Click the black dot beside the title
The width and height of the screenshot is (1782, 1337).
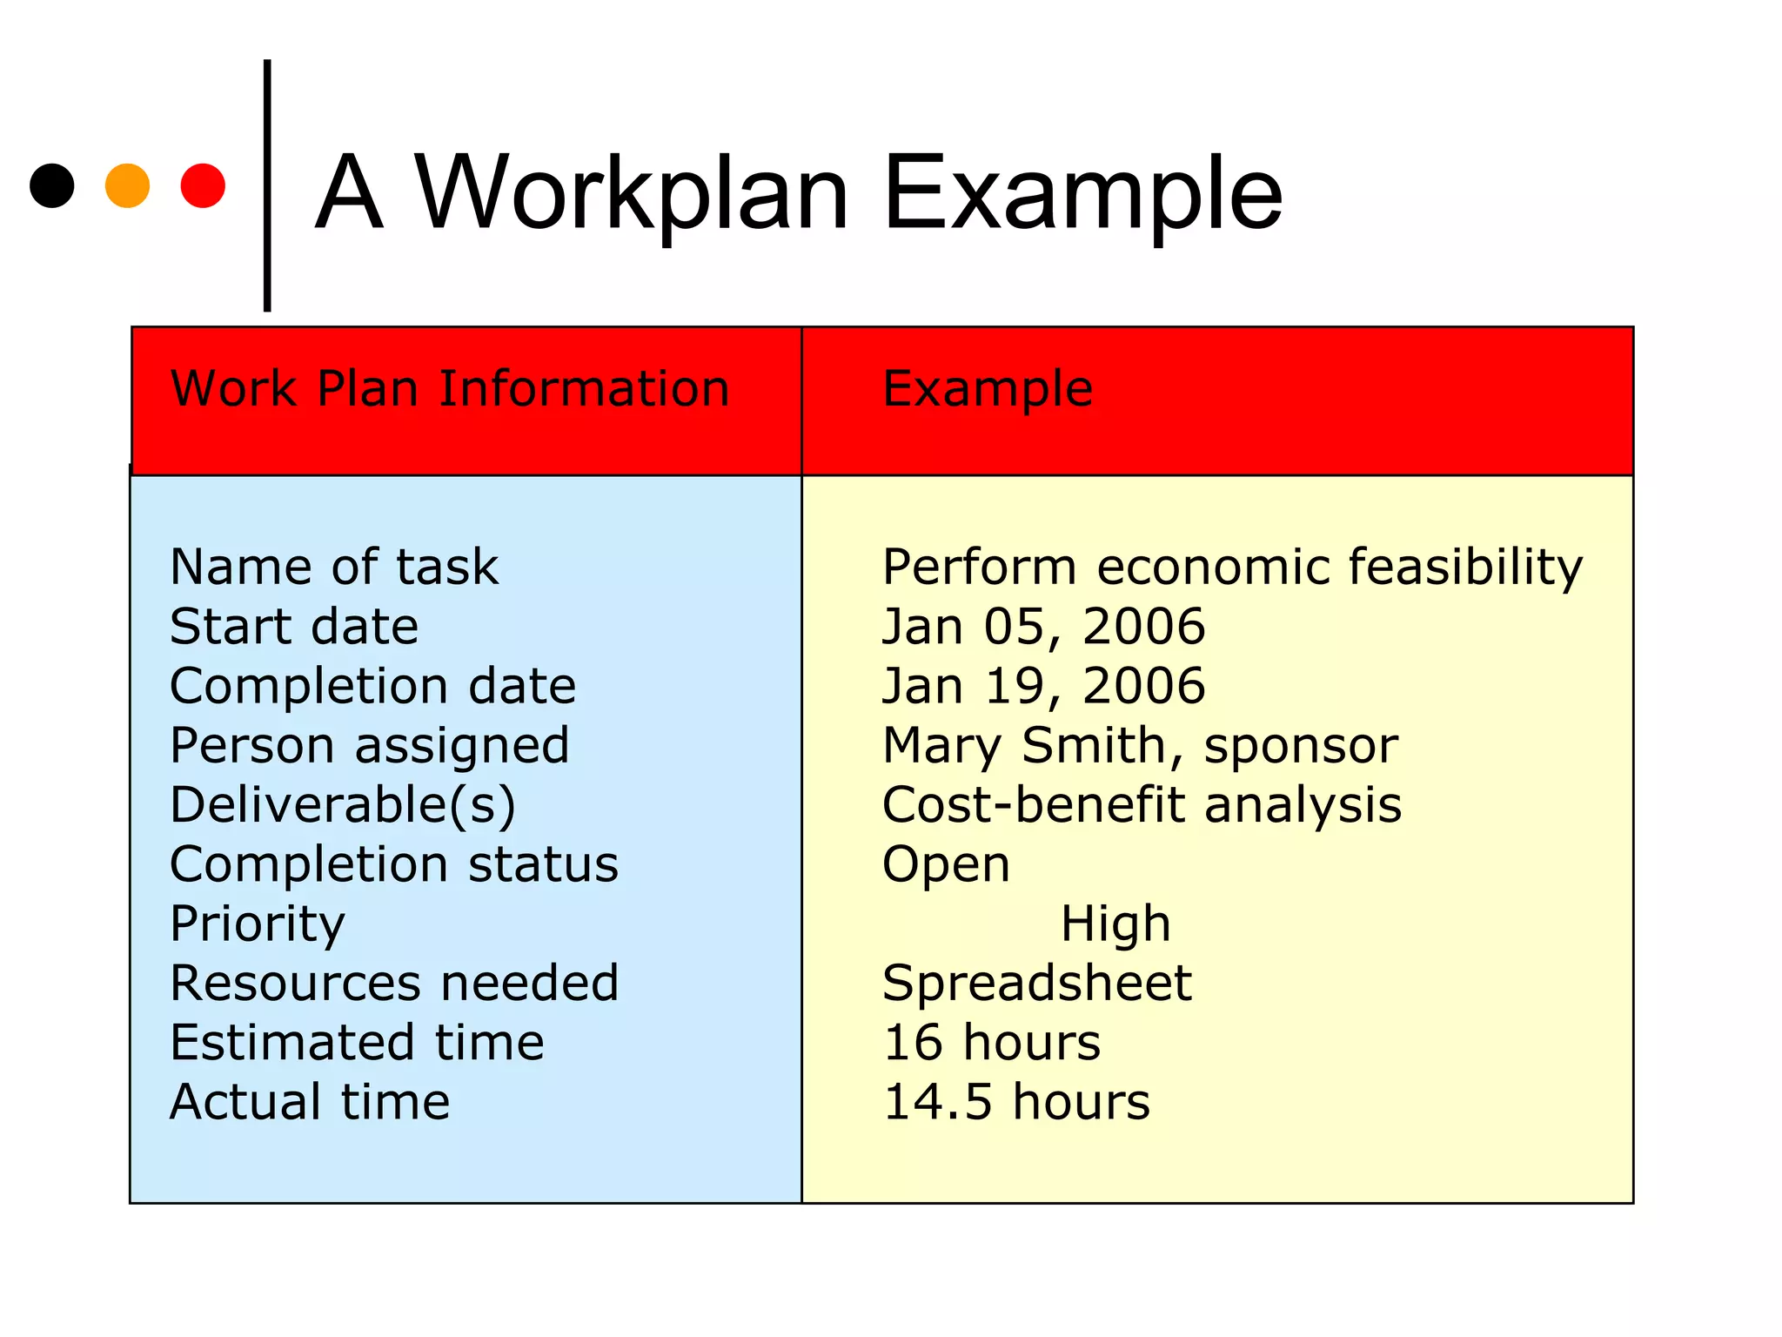coord(52,185)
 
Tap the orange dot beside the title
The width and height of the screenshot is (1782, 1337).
coord(127,185)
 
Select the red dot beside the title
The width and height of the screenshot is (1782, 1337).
coord(203,185)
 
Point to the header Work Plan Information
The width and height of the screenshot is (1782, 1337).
coord(450,388)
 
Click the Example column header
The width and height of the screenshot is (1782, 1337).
coord(988,388)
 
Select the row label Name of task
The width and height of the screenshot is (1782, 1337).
coord(334,568)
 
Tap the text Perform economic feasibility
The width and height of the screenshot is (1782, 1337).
coord(1232,568)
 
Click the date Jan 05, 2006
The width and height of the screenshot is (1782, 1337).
coord(1043,627)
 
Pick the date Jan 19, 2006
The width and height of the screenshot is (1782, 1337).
coord(1043,686)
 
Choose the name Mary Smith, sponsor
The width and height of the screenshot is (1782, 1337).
coord(1140,746)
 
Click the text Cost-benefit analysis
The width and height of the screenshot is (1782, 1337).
coord(1142,805)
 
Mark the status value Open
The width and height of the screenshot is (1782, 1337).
coord(946,865)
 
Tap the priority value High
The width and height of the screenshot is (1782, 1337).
coord(1115,924)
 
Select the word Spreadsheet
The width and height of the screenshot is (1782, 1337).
coord(1036,984)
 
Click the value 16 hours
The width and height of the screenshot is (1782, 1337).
coord(992,1043)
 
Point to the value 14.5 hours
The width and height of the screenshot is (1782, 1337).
coord(1016,1102)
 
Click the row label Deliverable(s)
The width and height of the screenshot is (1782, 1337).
coord(343,805)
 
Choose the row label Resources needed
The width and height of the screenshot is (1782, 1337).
coord(394,984)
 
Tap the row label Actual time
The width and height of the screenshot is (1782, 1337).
coord(310,1102)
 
